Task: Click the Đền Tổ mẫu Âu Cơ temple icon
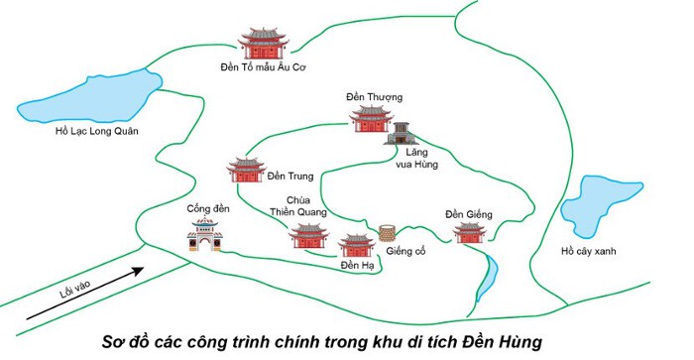tap(264, 44)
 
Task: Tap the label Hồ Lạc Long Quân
tap(96, 131)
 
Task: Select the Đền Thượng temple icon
tap(371, 119)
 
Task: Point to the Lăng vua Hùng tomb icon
tap(401, 134)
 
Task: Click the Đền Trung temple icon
tap(247, 170)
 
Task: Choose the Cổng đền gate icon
tap(204, 235)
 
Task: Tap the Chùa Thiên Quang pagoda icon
tap(309, 236)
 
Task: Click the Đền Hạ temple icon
tap(357, 246)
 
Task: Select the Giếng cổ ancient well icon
tap(387, 233)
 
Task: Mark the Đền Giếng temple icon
tap(470, 233)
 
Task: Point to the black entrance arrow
tap(85, 294)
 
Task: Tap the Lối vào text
tap(74, 289)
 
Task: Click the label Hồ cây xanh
tap(588, 251)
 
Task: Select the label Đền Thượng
tap(375, 97)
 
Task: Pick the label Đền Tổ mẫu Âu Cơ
tap(264, 67)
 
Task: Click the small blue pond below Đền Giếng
tap(487, 278)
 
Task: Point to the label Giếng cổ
tap(405, 252)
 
